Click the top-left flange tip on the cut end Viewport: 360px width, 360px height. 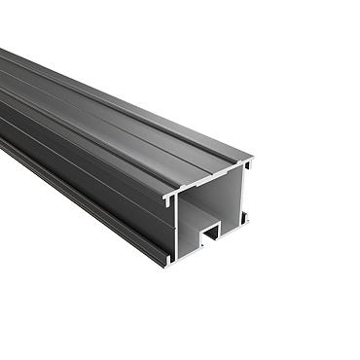click(166, 198)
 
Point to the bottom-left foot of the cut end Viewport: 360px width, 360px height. click(168, 261)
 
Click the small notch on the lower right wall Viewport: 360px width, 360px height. click(241, 216)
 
